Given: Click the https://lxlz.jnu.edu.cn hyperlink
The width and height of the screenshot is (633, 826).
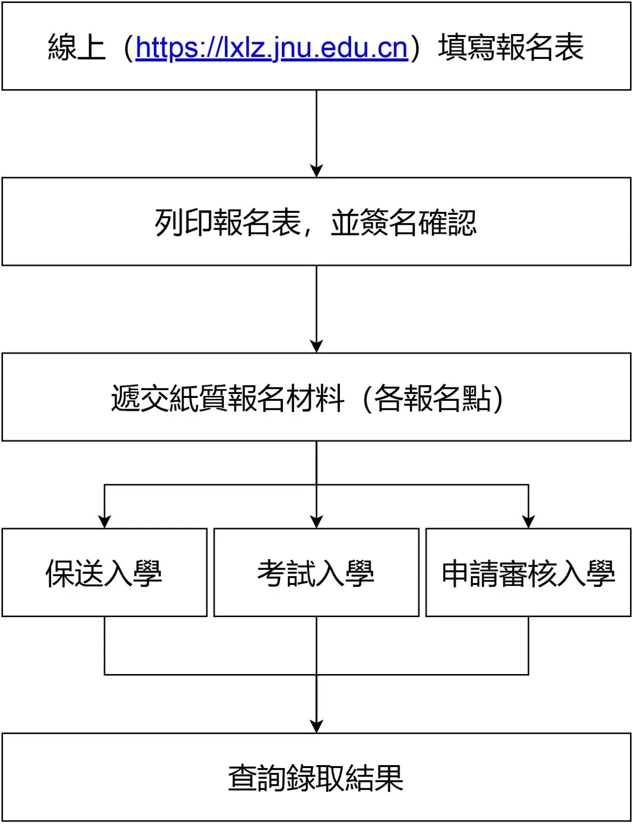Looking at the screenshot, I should click(x=271, y=48).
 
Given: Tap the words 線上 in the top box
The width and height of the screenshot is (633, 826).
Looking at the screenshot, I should click(x=77, y=48).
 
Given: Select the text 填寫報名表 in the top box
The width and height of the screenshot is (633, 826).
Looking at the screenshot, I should click(x=510, y=48).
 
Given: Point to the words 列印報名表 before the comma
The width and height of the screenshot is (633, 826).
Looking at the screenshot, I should click(x=228, y=223).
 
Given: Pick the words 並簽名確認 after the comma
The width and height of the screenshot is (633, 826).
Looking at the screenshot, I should click(x=404, y=223).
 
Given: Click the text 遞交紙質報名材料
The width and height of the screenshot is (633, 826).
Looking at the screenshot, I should click(x=227, y=398).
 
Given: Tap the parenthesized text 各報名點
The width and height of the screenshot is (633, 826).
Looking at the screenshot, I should click(x=433, y=398).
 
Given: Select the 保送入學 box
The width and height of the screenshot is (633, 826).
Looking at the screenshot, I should click(x=104, y=573).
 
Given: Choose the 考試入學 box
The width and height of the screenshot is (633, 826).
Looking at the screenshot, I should click(x=316, y=573).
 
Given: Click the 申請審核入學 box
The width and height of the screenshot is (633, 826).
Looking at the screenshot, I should click(x=528, y=573).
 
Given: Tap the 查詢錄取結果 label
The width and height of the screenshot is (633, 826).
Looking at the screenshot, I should click(x=316, y=777).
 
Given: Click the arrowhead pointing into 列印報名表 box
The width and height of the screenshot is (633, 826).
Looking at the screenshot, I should click(x=316, y=171).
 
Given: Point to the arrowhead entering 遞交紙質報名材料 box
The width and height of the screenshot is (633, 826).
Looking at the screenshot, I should click(x=316, y=346).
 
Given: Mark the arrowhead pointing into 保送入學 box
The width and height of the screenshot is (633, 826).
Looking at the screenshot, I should click(x=104, y=522).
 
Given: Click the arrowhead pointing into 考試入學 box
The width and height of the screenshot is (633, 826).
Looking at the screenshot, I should click(x=316, y=522).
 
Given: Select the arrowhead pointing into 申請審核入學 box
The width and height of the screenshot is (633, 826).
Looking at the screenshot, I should click(x=529, y=522).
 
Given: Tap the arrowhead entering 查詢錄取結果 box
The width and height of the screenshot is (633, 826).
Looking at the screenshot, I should click(x=316, y=726).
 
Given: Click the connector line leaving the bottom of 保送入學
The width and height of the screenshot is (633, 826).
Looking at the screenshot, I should click(x=104, y=645).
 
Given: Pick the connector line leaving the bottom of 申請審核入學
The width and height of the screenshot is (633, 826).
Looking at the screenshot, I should click(x=529, y=645).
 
